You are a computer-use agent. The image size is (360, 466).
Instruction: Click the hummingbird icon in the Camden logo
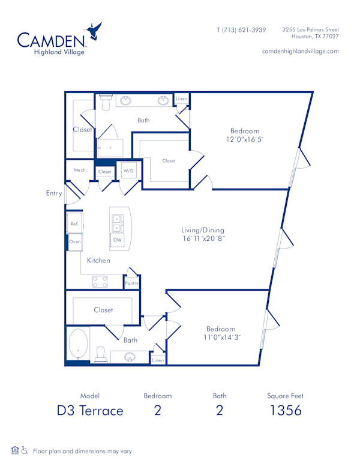click(x=94, y=31)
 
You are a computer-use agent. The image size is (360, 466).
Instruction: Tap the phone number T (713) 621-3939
click(x=241, y=29)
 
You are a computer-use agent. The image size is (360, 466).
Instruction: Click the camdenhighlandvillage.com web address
click(x=300, y=51)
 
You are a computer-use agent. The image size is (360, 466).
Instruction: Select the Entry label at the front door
click(x=54, y=193)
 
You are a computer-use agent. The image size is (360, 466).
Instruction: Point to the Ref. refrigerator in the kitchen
click(x=74, y=223)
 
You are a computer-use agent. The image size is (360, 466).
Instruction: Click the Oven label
click(x=75, y=241)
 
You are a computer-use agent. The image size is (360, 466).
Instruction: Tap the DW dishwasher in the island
click(x=118, y=240)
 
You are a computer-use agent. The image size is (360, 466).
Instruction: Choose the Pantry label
click(x=131, y=283)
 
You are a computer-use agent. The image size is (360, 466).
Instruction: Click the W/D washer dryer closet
click(x=129, y=171)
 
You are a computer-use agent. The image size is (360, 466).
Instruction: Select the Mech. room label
click(x=80, y=171)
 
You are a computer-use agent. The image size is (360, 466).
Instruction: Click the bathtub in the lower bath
click(x=78, y=345)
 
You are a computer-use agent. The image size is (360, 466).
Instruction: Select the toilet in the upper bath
click(x=106, y=104)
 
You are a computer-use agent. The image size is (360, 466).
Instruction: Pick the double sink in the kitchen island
click(x=116, y=223)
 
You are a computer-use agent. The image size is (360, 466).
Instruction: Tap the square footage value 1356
click(x=285, y=411)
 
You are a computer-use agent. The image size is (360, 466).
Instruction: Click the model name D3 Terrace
click(x=90, y=411)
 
